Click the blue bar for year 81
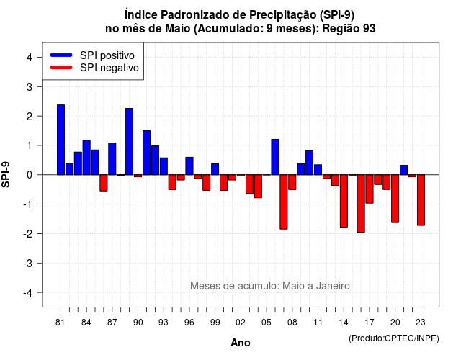[61, 140]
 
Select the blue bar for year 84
[86, 157]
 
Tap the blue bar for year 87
[112, 158]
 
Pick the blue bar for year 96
[189, 166]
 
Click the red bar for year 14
[344, 201]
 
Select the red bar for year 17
[370, 189]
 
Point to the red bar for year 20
[395, 199]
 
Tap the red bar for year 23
[421, 200]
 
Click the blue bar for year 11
[318, 170]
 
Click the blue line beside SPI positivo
[61, 55]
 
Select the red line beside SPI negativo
[61, 68]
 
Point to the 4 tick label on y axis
[30, 58]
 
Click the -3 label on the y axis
[28, 264]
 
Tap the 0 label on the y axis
[30, 175]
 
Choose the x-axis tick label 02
[241, 323]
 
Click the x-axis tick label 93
[164, 323]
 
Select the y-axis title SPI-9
[6, 174]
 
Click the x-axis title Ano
[241, 343]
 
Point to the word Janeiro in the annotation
[333, 286]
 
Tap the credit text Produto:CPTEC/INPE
[394, 338]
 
